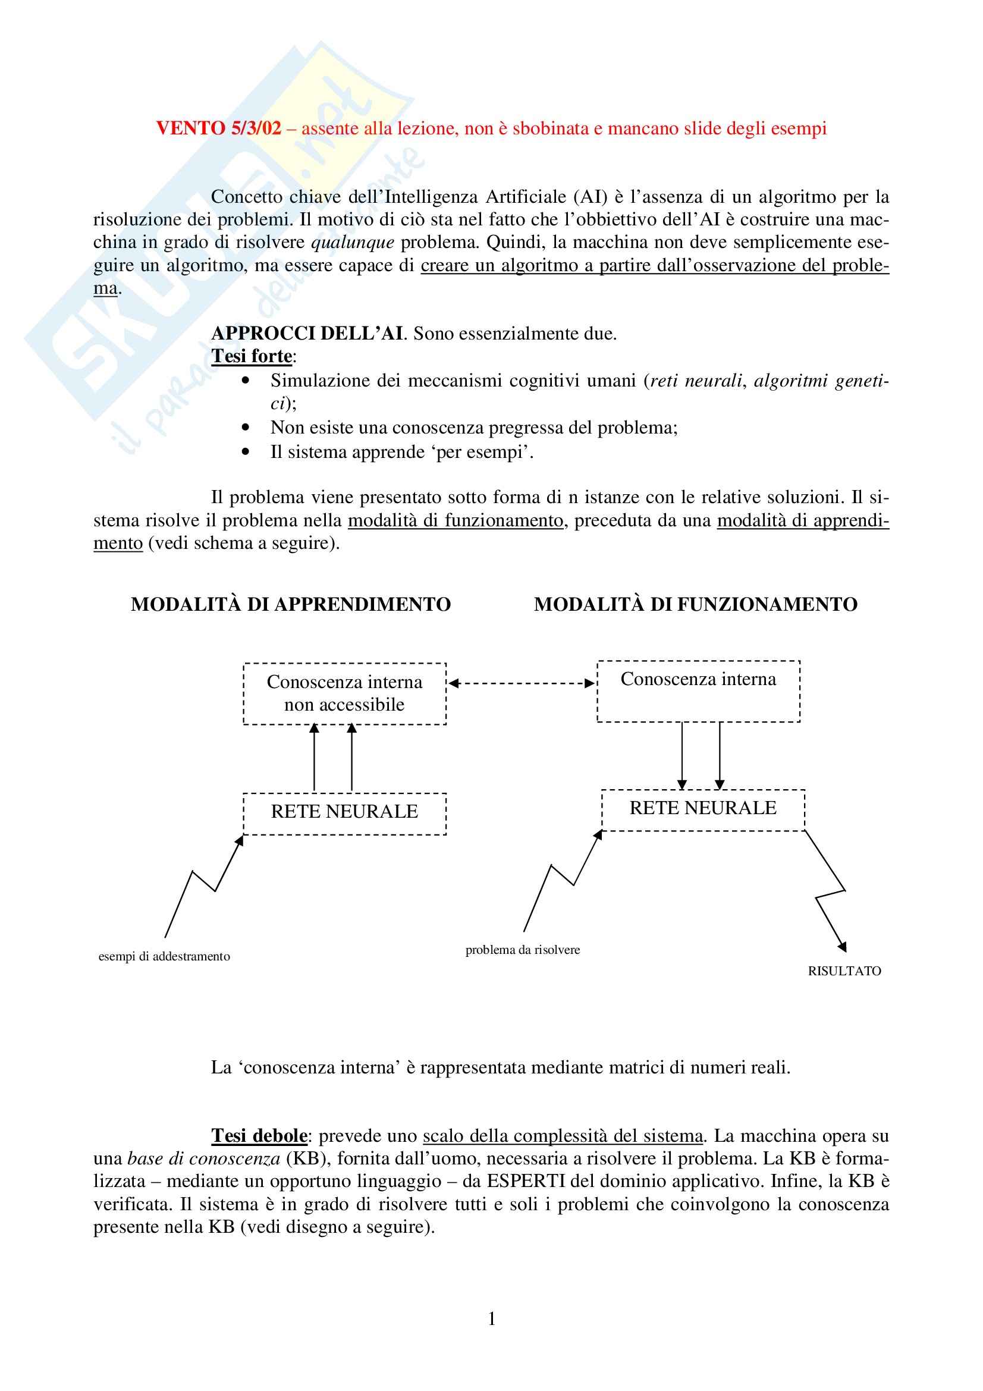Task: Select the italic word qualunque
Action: (353, 242)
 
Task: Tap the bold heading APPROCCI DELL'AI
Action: (307, 333)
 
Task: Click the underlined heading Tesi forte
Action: (252, 356)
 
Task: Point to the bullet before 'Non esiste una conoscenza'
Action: (245, 427)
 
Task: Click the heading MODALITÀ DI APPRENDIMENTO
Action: (291, 604)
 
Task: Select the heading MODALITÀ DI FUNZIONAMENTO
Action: (695, 604)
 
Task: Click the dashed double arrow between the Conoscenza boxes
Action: (522, 683)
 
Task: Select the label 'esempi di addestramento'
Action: (164, 956)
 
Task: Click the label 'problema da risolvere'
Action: (522, 949)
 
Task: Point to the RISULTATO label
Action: (844, 971)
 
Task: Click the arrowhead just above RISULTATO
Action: (842, 946)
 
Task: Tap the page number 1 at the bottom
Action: (492, 1318)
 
